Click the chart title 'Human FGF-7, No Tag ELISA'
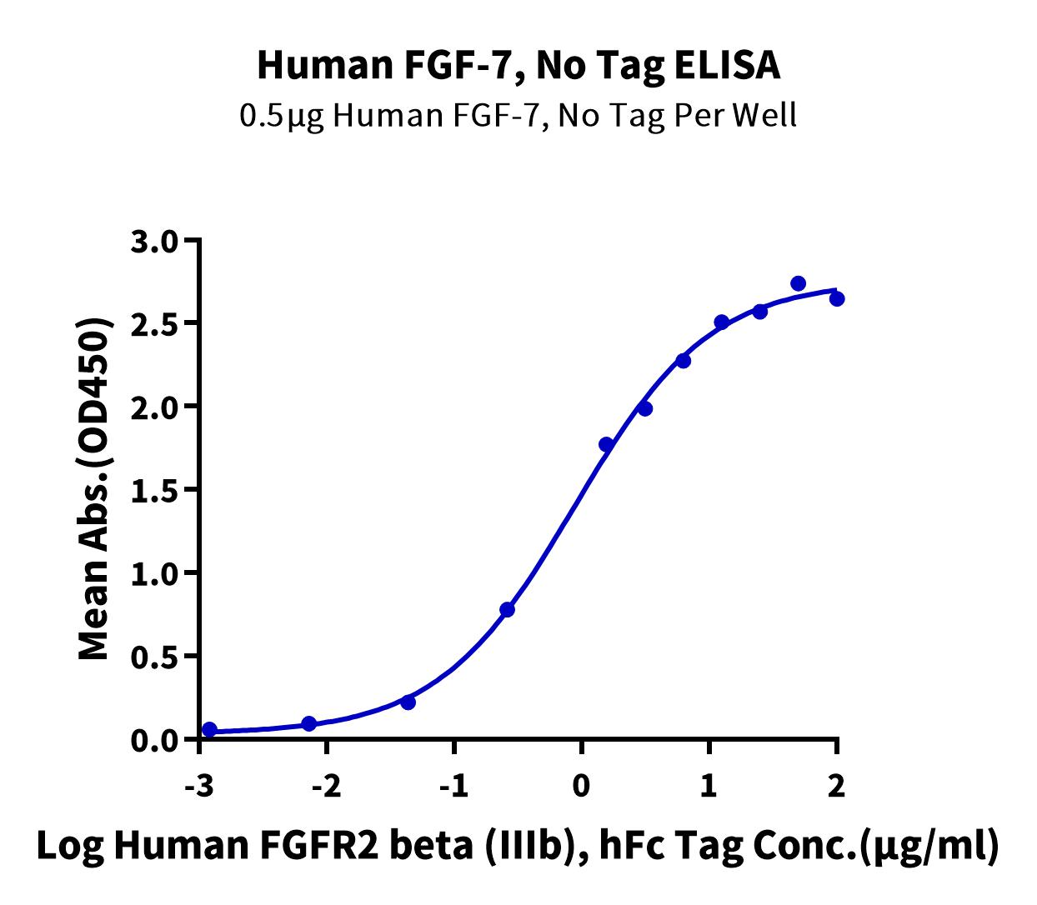pos(518,65)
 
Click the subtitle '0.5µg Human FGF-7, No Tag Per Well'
pos(518,115)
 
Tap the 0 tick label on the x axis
pos(582,786)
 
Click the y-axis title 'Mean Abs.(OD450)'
pos(95,490)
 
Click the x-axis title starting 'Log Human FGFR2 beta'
pos(518,845)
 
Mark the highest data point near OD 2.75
pos(798,283)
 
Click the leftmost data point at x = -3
pos(209,730)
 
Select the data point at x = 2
pos(837,298)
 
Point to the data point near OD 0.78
pos(507,610)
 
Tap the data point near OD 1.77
pos(606,444)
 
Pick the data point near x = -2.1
pos(308,723)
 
